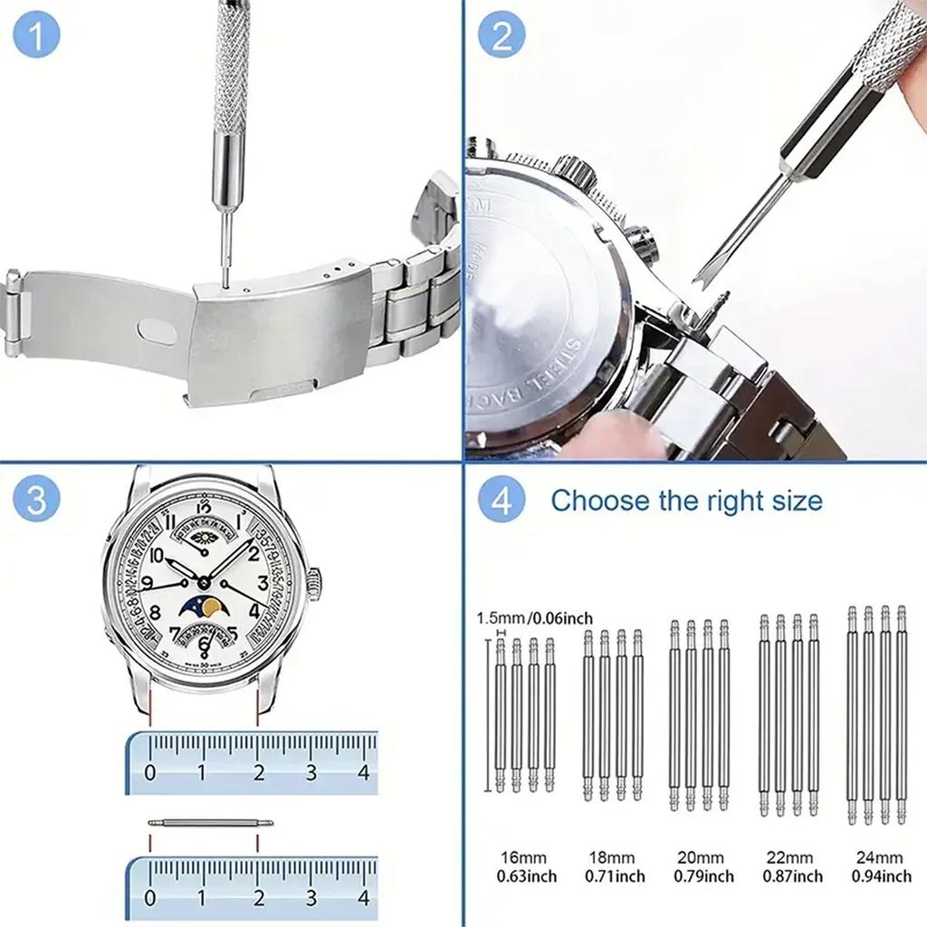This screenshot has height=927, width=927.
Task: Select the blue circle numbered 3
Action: [x=37, y=501]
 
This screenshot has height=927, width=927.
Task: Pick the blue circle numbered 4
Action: [x=502, y=501]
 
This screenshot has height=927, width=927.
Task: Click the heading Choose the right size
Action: [x=686, y=501]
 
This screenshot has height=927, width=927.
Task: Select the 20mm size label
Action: [x=702, y=857]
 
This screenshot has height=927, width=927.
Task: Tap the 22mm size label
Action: [x=789, y=857]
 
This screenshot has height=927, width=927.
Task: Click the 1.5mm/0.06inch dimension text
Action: [x=534, y=618]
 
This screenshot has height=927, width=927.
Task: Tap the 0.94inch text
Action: [x=881, y=876]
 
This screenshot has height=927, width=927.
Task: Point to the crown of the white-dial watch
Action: [x=314, y=584]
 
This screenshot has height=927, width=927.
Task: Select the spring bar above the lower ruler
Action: [x=210, y=823]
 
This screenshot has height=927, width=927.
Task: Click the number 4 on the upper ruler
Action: [x=363, y=773]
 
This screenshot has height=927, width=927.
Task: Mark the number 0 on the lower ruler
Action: [x=150, y=899]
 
